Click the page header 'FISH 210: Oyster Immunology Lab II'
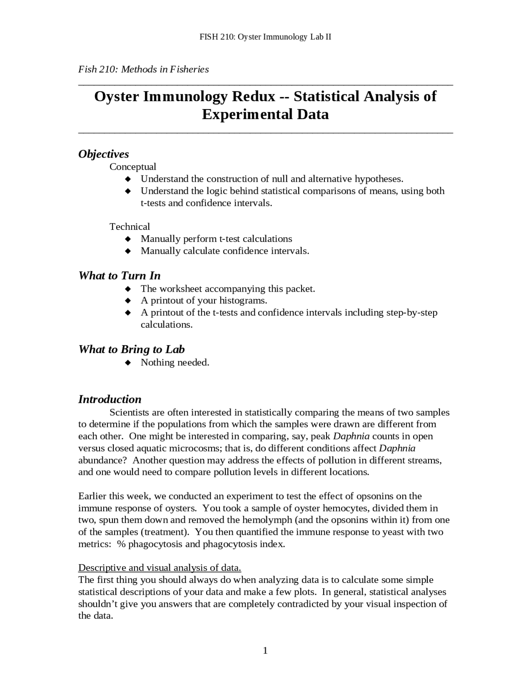click(x=265, y=37)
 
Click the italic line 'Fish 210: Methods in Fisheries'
click(x=144, y=69)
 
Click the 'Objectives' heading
click(x=103, y=154)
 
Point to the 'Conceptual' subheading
click(x=133, y=167)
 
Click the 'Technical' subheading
click(x=129, y=227)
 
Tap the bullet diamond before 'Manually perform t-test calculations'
click(x=128, y=239)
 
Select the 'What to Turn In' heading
click(x=119, y=276)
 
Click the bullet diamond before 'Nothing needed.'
click(x=128, y=363)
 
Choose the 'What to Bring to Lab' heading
click(x=131, y=349)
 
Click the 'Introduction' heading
click(x=110, y=400)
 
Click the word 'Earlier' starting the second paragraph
click(x=92, y=496)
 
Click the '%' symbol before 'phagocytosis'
click(x=121, y=544)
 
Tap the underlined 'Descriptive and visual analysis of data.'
click(x=160, y=568)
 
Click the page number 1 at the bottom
click(x=265, y=650)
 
